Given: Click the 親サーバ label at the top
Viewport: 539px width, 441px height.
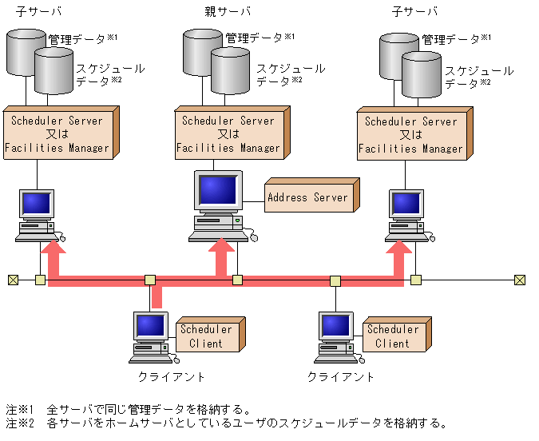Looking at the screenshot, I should click(227, 11).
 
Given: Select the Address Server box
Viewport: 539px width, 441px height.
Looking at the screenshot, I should click(307, 197).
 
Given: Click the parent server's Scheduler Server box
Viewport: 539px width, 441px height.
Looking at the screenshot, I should click(228, 134).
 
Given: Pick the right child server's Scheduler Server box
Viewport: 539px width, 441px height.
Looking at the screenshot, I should click(410, 135).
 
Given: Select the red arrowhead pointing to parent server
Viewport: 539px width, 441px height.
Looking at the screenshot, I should click(224, 249).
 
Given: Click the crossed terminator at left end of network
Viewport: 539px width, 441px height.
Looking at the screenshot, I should click(13, 280).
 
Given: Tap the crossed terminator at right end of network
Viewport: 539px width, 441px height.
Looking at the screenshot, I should click(520, 280).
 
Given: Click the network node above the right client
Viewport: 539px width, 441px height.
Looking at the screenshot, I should click(335, 280).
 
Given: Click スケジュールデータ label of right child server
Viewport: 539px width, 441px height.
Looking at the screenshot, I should click(478, 77).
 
